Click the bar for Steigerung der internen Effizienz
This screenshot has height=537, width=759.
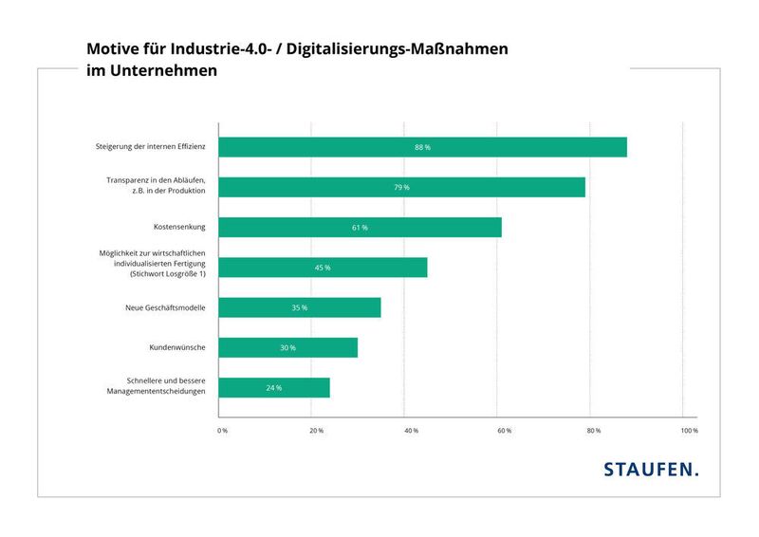pos(422,147)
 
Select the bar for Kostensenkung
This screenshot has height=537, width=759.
pos(360,228)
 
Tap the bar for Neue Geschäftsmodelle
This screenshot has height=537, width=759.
pos(299,307)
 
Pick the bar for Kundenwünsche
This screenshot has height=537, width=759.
pos(287,347)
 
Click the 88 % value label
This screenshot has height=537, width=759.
pos(422,148)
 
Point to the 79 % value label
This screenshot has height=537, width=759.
pos(401,188)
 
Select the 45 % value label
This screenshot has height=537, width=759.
pos(323,268)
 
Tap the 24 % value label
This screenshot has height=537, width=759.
pos(273,388)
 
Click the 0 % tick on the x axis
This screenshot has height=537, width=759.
pos(223,431)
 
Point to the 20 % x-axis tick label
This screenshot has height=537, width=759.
pos(316,431)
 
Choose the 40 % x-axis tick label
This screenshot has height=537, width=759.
pos(410,431)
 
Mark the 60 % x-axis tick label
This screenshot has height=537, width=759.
pos(503,431)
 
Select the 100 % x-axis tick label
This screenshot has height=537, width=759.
pos(689,431)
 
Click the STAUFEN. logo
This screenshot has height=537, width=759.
pos(651,469)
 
